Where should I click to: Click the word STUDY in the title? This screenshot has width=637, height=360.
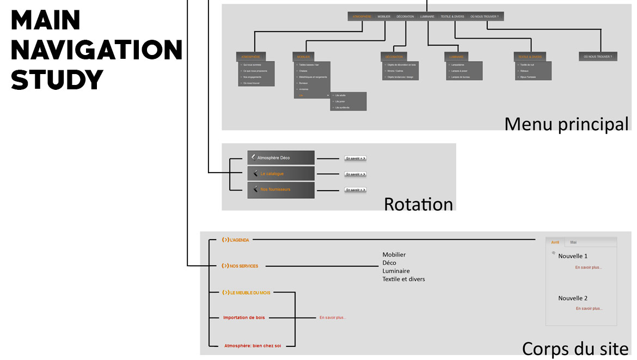57,80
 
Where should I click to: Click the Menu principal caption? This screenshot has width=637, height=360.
566,124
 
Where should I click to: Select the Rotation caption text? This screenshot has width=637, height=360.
418,204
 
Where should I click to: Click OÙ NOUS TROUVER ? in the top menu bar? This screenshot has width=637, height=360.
484,17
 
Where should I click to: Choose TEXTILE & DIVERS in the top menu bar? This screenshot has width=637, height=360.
452,17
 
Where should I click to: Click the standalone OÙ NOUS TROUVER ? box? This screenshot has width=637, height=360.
598,57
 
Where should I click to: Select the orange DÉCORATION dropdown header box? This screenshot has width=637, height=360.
394,57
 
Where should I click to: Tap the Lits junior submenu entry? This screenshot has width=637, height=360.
341,101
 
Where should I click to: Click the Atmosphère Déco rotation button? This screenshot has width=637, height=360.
281,158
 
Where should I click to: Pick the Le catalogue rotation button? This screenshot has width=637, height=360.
281,174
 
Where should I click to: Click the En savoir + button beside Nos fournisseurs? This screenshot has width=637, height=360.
355,190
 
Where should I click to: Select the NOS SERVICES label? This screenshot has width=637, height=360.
240,266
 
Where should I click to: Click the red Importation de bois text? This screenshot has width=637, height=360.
244,318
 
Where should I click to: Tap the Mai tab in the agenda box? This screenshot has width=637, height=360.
573,242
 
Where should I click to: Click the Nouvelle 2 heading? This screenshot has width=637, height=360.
573,298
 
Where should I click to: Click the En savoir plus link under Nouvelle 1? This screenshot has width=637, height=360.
589,267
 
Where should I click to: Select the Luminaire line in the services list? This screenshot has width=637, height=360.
396,271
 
